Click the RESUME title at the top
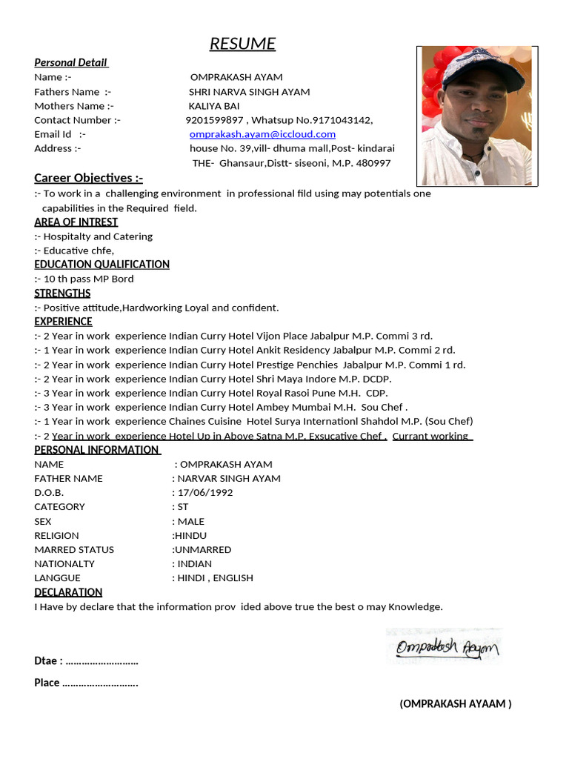[x=242, y=44]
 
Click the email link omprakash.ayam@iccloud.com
[x=262, y=134]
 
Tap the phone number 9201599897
[x=214, y=120]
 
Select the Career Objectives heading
[x=88, y=178]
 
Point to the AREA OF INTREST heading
[x=76, y=222]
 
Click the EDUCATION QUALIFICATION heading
[x=102, y=265]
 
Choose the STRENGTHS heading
[x=62, y=294]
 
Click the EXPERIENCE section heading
[x=63, y=322]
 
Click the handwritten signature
[x=447, y=648]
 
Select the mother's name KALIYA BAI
[x=215, y=106]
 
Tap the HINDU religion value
[x=191, y=536]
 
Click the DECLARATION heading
[x=68, y=592]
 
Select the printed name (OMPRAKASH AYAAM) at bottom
[x=455, y=704]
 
